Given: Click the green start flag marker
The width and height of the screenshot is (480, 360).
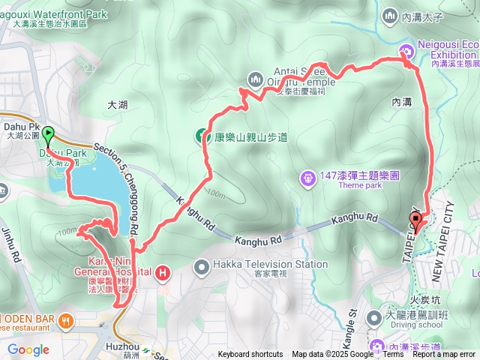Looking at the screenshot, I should coord(49,135).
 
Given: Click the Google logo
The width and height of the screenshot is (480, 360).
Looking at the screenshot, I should coord(28,349).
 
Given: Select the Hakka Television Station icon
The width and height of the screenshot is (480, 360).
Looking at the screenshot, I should coord(202,265).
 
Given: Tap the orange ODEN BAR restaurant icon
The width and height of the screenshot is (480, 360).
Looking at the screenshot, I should coord(67,320).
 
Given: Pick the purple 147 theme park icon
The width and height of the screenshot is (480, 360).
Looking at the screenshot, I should coord(307,178).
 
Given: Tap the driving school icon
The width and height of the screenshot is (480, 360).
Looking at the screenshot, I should coord(374,318).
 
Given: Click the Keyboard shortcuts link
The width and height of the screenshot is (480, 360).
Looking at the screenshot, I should coord(250,354).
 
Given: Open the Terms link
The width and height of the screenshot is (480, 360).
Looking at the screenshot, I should coord(393,354).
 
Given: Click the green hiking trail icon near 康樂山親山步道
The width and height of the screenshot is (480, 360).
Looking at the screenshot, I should coord(202,136).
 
